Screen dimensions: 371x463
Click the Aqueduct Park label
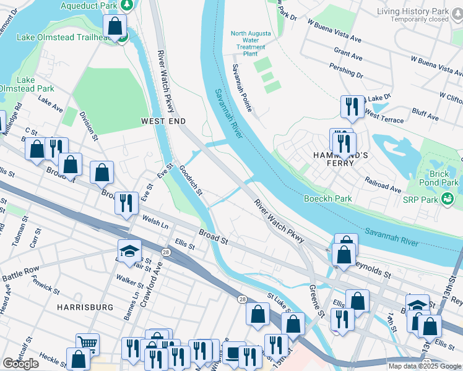[x=89, y=6]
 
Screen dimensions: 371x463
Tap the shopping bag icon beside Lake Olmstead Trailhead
[x=115, y=26]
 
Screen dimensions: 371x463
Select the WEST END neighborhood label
[x=163, y=121]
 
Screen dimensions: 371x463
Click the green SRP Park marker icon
[x=447, y=198]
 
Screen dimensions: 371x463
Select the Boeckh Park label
[x=327, y=198]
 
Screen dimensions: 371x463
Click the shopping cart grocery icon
[x=87, y=344]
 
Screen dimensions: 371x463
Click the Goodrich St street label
[x=191, y=179]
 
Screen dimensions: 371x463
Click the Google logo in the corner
[x=20, y=364]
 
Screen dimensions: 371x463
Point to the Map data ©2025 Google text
[x=425, y=366]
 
